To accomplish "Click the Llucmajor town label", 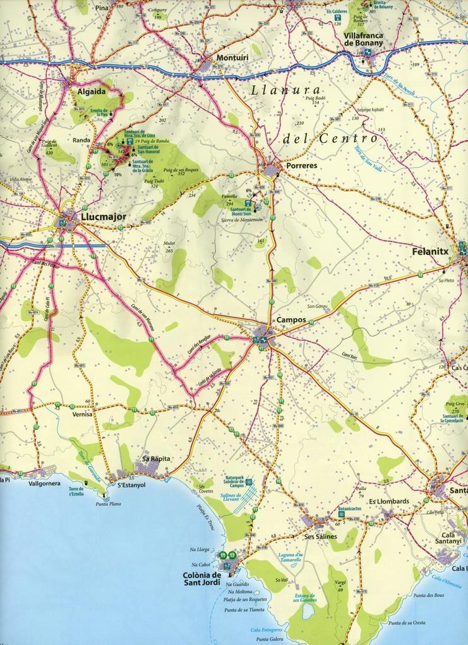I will point(104,217).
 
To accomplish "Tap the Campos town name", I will point(291,320).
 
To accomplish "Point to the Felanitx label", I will point(429,250).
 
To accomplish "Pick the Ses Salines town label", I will point(320,536).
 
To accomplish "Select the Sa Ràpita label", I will point(157,458).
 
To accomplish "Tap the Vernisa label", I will point(82,414).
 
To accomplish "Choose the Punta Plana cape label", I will point(108,504).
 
